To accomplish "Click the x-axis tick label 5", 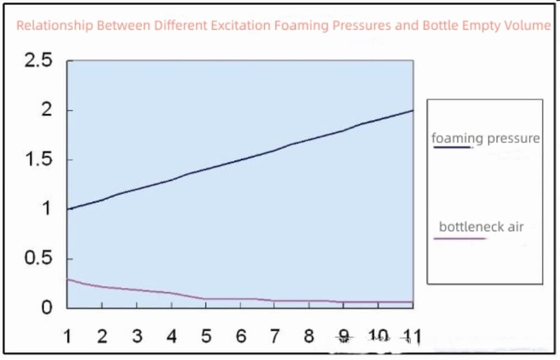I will click(206, 336).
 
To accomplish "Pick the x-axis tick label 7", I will click(275, 336).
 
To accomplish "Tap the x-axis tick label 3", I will click(137, 336).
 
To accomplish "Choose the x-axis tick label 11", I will click(412, 336).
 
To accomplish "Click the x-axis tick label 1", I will click(68, 336).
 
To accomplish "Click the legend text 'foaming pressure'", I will click(486, 138).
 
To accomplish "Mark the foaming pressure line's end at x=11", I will click(413, 110).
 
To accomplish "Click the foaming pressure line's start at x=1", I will click(68, 209).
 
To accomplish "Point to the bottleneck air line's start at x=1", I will click(68, 279).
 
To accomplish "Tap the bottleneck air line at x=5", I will click(206, 298).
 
